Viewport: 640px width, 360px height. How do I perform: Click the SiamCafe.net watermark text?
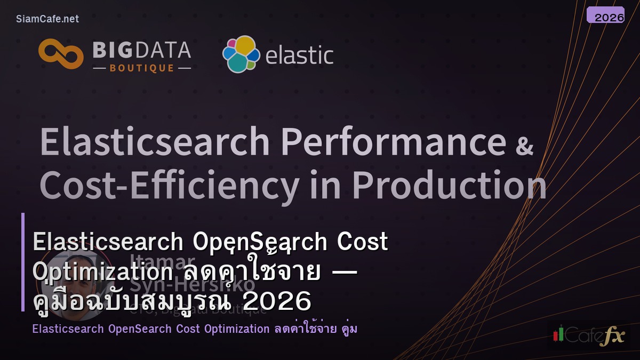point(47,19)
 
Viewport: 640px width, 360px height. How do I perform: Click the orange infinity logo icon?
point(61,54)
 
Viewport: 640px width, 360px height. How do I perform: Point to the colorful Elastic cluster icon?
point(241,54)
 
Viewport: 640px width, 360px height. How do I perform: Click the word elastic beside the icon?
point(299,55)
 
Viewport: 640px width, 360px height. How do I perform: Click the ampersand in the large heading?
point(524,145)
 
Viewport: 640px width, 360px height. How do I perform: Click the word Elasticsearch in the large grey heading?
point(155,142)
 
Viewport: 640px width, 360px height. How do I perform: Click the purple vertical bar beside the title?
point(23,262)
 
